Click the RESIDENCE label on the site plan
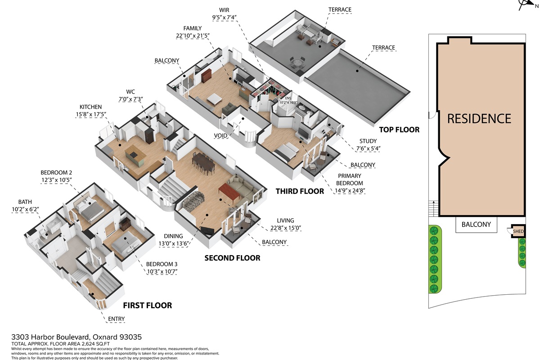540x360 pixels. tap(479, 119)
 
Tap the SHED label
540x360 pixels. tap(518, 231)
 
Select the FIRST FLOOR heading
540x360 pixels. tap(148, 306)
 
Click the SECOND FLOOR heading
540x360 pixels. tap(232, 258)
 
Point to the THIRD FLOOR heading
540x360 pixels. tap(300, 191)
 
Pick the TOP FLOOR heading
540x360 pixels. tap(399, 130)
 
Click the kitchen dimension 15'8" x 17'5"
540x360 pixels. tap(91, 114)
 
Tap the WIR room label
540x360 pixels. tap(224, 10)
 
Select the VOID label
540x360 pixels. tap(220, 136)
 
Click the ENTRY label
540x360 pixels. tap(116, 319)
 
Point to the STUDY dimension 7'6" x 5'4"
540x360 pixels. tap(368, 148)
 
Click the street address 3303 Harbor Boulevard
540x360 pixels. tap(50, 337)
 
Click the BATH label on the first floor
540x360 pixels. tap(25, 202)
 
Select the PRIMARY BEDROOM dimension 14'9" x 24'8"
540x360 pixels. tap(350, 190)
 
